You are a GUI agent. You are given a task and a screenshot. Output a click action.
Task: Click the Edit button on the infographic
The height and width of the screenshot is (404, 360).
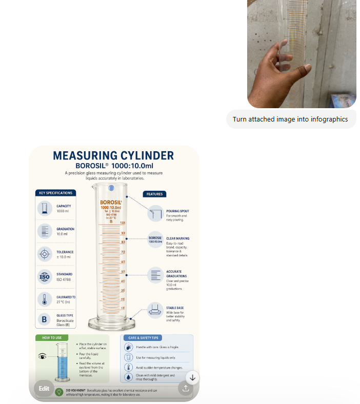(44, 388)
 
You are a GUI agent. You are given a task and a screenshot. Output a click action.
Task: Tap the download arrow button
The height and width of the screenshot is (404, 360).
(192, 377)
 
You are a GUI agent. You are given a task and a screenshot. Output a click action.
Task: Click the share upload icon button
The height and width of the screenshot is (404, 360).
(185, 389)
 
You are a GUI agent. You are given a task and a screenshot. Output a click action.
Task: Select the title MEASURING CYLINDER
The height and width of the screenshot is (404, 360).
(113, 155)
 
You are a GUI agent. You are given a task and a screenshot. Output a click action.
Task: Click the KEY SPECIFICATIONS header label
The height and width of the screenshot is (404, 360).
(55, 193)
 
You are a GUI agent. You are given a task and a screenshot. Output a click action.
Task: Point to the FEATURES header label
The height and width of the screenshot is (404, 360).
(154, 194)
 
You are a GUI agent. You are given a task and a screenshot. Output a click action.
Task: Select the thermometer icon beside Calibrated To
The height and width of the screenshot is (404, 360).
(45, 299)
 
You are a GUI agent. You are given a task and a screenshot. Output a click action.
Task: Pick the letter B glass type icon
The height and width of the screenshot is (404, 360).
(45, 320)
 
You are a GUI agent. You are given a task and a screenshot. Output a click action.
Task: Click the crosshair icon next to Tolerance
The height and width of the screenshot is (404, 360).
(45, 254)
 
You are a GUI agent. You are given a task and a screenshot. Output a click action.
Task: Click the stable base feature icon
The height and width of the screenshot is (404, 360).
(155, 309)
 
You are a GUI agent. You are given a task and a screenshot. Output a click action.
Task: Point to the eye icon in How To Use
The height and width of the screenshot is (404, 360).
(42, 356)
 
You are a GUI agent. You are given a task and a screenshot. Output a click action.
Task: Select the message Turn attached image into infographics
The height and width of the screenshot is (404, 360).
(290, 119)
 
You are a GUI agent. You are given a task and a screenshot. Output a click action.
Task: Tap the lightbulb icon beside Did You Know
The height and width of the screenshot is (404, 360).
(59, 392)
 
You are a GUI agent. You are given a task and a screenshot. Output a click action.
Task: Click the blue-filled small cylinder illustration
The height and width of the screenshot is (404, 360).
(62, 363)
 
